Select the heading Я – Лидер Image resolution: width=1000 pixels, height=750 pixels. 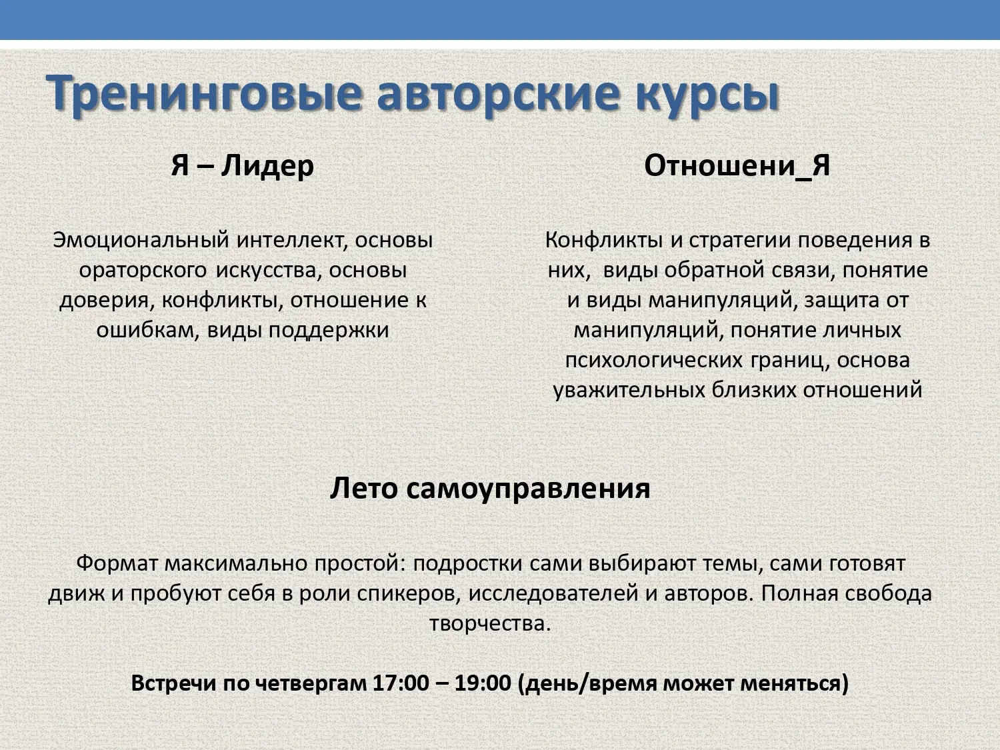pyautogui.click(x=243, y=165)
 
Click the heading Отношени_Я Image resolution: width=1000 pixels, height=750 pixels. pyautogui.click(x=737, y=165)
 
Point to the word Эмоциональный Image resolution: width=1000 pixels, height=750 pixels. pyautogui.click(x=141, y=240)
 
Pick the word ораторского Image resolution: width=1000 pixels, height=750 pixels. pyautogui.click(x=143, y=271)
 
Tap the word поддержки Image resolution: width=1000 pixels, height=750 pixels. pyautogui.click(x=329, y=331)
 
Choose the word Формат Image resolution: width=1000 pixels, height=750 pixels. pyautogui.click(x=117, y=564)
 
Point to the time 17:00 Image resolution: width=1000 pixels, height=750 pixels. pyautogui.click(x=401, y=683)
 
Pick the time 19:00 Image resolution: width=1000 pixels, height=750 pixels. pyautogui.click(x=483, y=683)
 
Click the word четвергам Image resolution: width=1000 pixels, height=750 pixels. pyautogui.click(x=311, y=684)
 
